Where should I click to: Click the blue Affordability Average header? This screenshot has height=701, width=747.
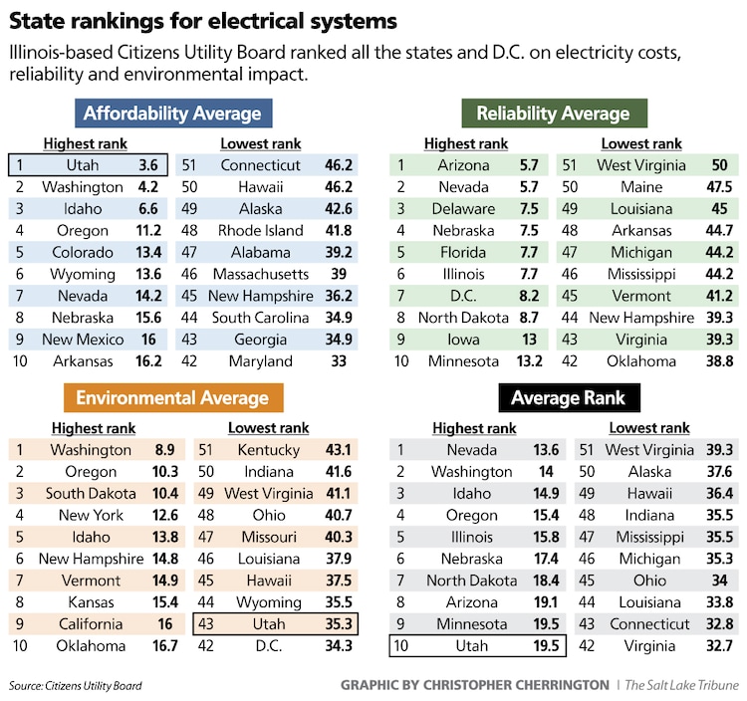click(x=172, y=113)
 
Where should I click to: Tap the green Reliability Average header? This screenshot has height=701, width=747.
click(x=553, y=113)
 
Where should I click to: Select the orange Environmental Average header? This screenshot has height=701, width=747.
click(x=172, y=398)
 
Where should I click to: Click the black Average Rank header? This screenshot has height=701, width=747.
click(x=568, y=398)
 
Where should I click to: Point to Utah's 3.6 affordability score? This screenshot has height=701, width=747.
click(x=148, y=165)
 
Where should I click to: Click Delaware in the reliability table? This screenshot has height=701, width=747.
click(x=463, y=209)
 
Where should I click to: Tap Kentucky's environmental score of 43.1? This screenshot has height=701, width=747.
click(x=340, y=450)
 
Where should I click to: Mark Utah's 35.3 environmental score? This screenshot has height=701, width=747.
click(x=340, y=624)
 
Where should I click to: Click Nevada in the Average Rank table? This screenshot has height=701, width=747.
click(x=471, y=450)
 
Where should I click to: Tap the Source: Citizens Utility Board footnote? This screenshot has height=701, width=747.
click(x=76, y=685)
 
